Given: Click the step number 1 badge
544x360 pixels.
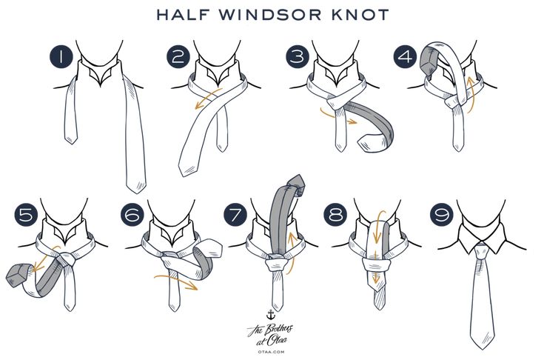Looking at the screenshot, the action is (61, 56).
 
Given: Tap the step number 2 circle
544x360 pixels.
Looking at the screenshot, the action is (178, 56).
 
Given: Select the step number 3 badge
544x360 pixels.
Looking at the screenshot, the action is (298, 56).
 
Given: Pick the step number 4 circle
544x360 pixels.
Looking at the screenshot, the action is (406, 56).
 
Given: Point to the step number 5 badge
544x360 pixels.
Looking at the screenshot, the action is (27, 214).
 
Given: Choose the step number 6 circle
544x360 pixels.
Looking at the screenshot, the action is (132, 214).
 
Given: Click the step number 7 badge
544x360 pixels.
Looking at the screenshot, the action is (235, 214).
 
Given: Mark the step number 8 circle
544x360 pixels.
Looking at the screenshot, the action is (336, 214).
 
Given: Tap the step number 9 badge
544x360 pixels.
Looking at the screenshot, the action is (442, 214).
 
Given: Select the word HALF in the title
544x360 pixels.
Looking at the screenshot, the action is (184, 15).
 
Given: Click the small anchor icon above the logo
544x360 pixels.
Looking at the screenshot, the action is (270, 315).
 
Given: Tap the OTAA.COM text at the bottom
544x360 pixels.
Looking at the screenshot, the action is (271, 352).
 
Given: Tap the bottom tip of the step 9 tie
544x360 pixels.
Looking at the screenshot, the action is (483, 348).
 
